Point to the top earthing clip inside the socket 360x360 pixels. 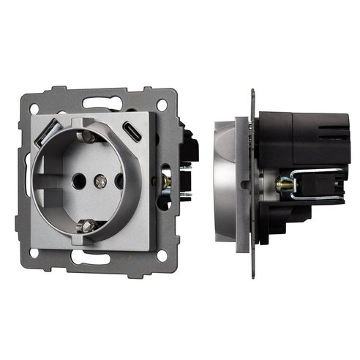click(87, 135)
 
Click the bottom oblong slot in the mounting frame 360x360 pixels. click(95, 260)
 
